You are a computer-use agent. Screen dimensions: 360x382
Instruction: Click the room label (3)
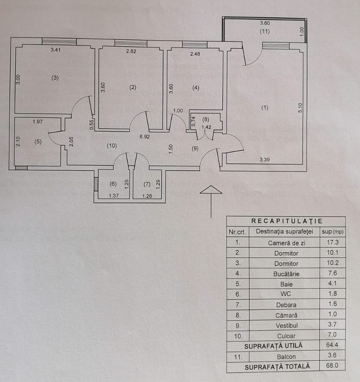(x=55, y=78)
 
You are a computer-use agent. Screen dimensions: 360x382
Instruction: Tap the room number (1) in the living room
(x=265, y=108)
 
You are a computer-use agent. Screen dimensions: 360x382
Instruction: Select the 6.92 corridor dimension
(x=144, y=137)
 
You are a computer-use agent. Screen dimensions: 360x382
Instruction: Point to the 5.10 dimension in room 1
(x=300, y=107)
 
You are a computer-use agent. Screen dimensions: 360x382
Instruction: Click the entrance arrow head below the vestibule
(x=211, y=189)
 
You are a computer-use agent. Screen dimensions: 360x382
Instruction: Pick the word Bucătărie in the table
(x=286, y=274)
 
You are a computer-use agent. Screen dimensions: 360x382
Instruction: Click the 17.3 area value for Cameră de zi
(x=332, y=242)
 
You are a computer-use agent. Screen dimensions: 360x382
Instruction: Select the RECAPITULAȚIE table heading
(x=287, y=221)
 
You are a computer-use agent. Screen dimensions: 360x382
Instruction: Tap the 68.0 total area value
(x=332, y=365)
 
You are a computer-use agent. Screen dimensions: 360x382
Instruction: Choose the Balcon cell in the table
(x=286, y=357)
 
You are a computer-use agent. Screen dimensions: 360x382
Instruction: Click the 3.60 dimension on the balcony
(x=265, y=23)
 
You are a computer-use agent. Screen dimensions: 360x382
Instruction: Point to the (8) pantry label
(x=206, y=119)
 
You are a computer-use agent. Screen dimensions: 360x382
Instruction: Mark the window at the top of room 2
(x=131, y=43)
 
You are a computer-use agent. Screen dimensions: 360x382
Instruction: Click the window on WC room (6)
(x=96, y=184)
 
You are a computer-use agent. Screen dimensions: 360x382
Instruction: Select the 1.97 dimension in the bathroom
(x=38, y=121)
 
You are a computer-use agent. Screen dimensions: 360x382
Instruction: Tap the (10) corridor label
(x=112, y=146)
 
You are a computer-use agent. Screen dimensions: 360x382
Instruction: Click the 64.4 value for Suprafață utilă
(x=332, y=345)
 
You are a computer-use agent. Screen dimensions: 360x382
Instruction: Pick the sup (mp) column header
(x=332, y=232)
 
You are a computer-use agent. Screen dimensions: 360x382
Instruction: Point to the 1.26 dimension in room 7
(x=147, y=196)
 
